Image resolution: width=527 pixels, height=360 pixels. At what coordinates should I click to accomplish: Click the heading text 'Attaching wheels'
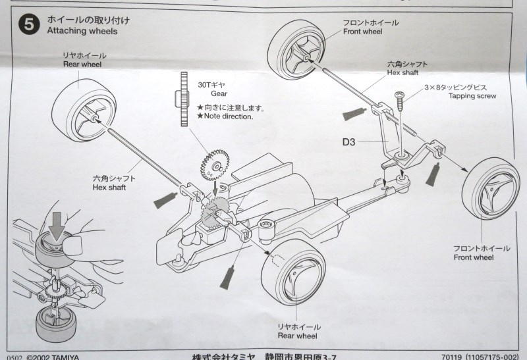[x=82, y=31]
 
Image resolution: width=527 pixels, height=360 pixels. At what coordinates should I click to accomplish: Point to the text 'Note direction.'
[x=228, y=116]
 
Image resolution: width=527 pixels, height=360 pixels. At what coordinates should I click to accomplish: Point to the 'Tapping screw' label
[x=472, y=95]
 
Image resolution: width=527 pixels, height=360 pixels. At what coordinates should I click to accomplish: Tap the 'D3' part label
[x=349, y=141]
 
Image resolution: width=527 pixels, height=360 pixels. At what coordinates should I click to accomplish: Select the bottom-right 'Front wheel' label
[x=474, y=257]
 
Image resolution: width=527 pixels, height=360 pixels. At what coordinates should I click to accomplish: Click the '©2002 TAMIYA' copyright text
[x=53, y=357]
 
